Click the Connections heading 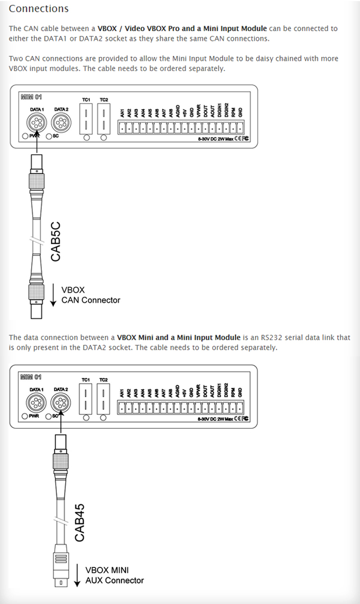point(39,9)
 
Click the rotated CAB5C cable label point(56,241)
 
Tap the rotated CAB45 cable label point(80,522)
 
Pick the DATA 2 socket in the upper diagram point(60,124)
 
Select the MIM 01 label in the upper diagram point(31,97)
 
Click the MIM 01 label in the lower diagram point(31,378)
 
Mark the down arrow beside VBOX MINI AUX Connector point(77,576)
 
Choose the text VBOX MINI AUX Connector point(114,575)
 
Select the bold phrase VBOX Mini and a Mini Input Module point(179,337)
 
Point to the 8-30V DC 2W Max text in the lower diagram point(214,418)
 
